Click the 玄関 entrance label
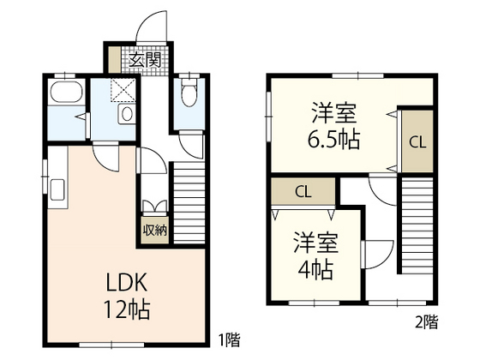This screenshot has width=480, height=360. tap(145, 60)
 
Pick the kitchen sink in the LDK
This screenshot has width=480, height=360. tap(58, 190)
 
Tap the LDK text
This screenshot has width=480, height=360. tap(129, 284)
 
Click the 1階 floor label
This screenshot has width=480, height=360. tap(228, 340)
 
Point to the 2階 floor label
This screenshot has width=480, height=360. tap(426, 323)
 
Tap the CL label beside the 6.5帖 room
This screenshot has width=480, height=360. tap(416, 142)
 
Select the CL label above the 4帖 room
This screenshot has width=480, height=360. tap(303, 192)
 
